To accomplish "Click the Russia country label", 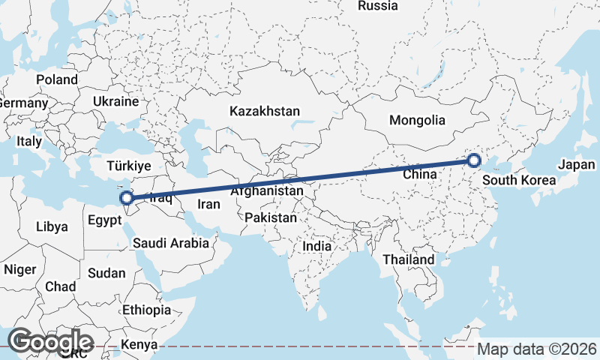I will [x=377, y=6].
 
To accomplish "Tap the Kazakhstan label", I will [x=265, y=111].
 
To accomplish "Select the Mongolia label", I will [x=417, y=120].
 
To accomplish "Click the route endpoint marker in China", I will [x=473, y=160].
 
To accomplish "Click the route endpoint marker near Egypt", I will [x=127, y=199].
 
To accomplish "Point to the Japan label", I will [x=576, y=165].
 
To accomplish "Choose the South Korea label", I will [x=519, y=180].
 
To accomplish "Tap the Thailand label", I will [x=409, y=259].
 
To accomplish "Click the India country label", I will [x=316, y=245].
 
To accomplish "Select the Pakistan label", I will [x=271, y=217].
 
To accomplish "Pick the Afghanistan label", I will [x=267, y=191].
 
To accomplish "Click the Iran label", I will [x=208, y=204].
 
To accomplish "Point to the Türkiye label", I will [x=129, y=165].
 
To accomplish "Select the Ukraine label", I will [x=115, y=101].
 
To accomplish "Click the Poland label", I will [x=57, y=79].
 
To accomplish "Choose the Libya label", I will [x=52, y=226].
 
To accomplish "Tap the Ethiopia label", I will [x=146, y=310].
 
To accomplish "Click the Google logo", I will [x=50, y=341].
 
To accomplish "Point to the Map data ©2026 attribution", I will [x=537, y=349].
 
